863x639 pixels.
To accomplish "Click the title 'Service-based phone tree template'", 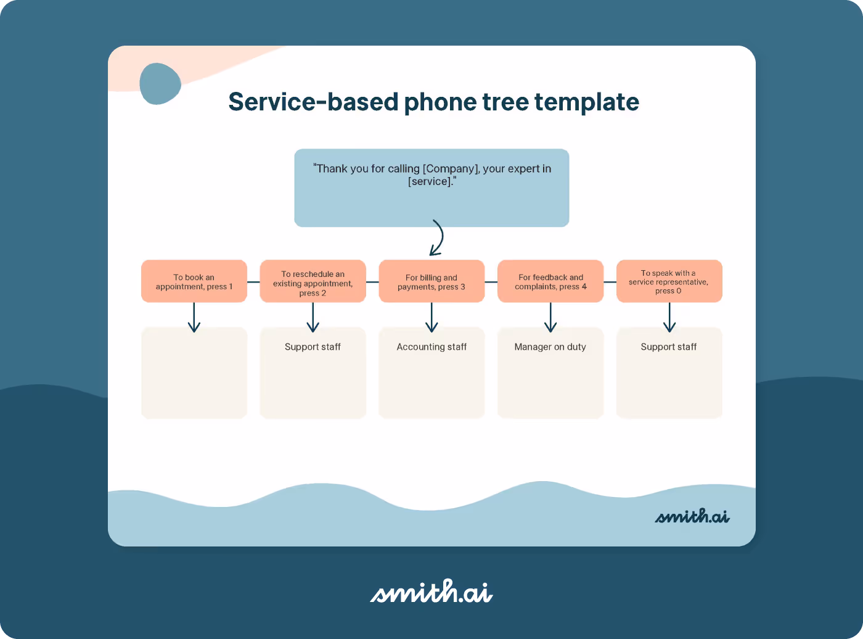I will click(433, 102).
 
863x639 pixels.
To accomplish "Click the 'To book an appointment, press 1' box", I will click(194, 281).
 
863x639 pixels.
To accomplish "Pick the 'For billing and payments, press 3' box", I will click(431, 282).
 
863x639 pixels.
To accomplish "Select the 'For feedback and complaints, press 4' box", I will click(550, 282).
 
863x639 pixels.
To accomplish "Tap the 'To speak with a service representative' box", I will click(669, 281).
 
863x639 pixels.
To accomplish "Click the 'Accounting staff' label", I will click(431, 347).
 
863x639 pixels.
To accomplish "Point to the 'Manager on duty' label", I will click(550, 347).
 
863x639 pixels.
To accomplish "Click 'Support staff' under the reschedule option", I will click(313, 347).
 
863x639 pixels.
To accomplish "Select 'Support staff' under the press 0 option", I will click(669, 347).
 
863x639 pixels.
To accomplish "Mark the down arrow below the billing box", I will click(431, 318).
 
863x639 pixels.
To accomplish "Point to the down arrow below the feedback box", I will click(550, 318).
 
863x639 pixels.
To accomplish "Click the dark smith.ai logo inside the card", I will click(692, 516).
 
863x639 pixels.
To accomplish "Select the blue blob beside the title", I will click(160, 84).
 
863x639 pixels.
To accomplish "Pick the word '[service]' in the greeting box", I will click(430, 181).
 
